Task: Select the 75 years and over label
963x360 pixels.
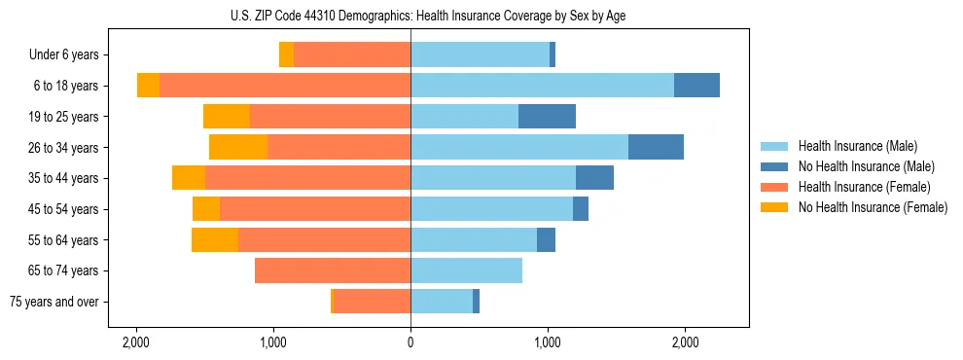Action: [x=54, y=302]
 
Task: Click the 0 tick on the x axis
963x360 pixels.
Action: [x=410, y=342]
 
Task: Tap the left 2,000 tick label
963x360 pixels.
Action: [x=136, y=342]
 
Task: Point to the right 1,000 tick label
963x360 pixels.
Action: [x=548, y=342]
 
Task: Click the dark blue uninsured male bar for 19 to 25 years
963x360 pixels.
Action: [x=547, y=117]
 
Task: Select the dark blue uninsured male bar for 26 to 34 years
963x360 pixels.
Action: [x=656, y=147]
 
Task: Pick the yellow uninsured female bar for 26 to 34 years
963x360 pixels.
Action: [x=238, y=147]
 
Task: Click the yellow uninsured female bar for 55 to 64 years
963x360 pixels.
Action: [x=215, y=239]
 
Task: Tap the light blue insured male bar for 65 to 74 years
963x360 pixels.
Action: [x=466, y=270]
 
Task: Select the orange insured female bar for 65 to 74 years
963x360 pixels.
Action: [x=333, y=270]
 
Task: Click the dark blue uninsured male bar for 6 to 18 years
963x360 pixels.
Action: [x=696, y=86]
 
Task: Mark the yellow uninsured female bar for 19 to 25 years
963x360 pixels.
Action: [x=227, y=117]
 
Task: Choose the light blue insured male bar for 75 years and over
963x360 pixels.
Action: [x=442, y=302]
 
